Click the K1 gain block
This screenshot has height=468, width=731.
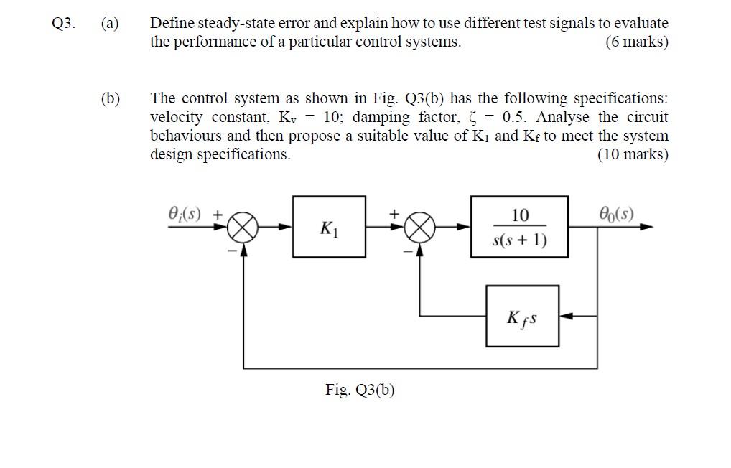[x=329, y=227]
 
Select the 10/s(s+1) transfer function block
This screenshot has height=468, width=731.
[x=519, y=227]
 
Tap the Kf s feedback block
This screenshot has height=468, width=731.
[x=522, y=316]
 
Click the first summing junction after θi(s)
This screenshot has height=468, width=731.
[x=243, y=228]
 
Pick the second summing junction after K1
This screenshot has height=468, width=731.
[x=419, y=228]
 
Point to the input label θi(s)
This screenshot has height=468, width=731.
[x=185, y=214]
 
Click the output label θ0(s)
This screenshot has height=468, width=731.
[x=616, y=214]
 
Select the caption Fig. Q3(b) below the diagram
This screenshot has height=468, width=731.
[x=360, y=390]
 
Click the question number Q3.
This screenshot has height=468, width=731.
[x=63, y=23]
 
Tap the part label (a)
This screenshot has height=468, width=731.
[x=110, y=23]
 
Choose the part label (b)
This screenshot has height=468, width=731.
[x=110, y=98]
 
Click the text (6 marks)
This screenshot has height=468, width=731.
[x=636, y=42]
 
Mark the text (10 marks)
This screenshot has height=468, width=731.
[x=633, y=154]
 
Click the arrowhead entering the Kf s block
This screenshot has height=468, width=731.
[x=565, y=316]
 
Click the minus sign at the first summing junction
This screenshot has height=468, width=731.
[x=231, y=250]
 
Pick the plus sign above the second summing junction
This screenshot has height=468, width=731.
[x=394, y=213]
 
